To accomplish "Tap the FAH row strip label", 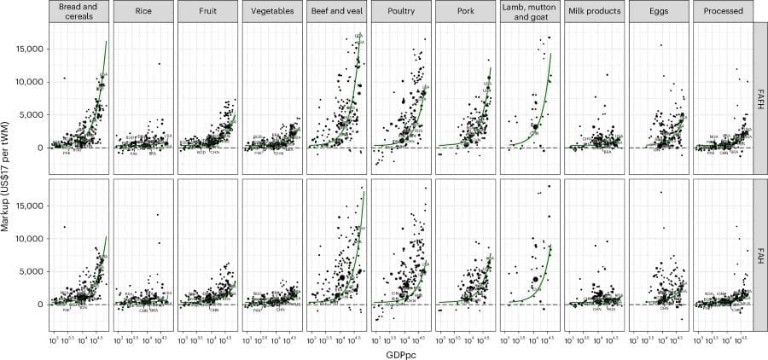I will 759,253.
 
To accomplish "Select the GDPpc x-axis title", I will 400,351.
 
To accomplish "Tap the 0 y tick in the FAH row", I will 42,304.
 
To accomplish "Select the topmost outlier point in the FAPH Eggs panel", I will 660,45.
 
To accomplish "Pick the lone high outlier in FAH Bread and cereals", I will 64,226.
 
